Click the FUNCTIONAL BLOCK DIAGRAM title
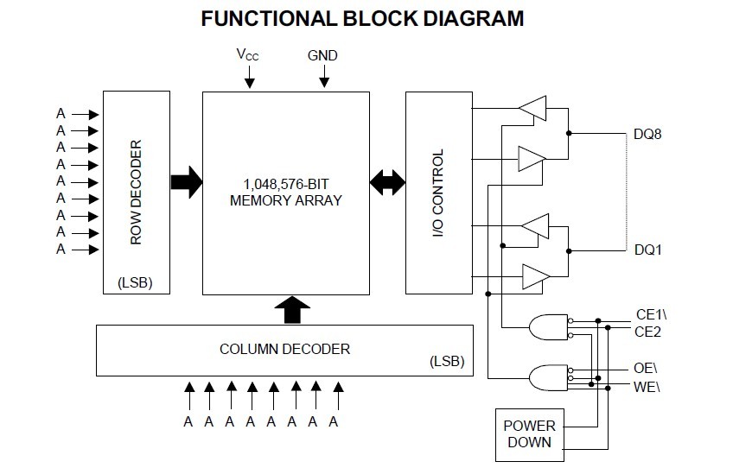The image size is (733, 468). pyautogui.click(x=362, y=18)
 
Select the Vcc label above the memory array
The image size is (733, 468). pyautogui.click(x=248, y=54)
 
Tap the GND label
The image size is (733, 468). pyautogui.click(x=322, y=55)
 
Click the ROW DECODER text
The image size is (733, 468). pyautogui.click(x=136, y=192)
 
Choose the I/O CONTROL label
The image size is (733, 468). pyautogui.click(x=437, y=193)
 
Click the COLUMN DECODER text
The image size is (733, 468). pyautogui.click(x=284, y=349)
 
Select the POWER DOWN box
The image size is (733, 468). pyautogui.click(x=529, y=433)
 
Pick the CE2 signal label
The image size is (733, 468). pyautogui.click(x=647, y=331)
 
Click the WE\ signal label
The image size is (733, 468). pyautogui.click(x=647, y=384)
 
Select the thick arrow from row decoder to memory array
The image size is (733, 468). pyautogui.click(x=186, y=181)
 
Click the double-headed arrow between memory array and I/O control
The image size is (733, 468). pyautogui.click(x=387, y=181)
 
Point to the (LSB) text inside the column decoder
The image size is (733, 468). pyautogui.click(x=446, y=361)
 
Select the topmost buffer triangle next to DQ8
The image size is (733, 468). pyautogui.click(x=532, y=108)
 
